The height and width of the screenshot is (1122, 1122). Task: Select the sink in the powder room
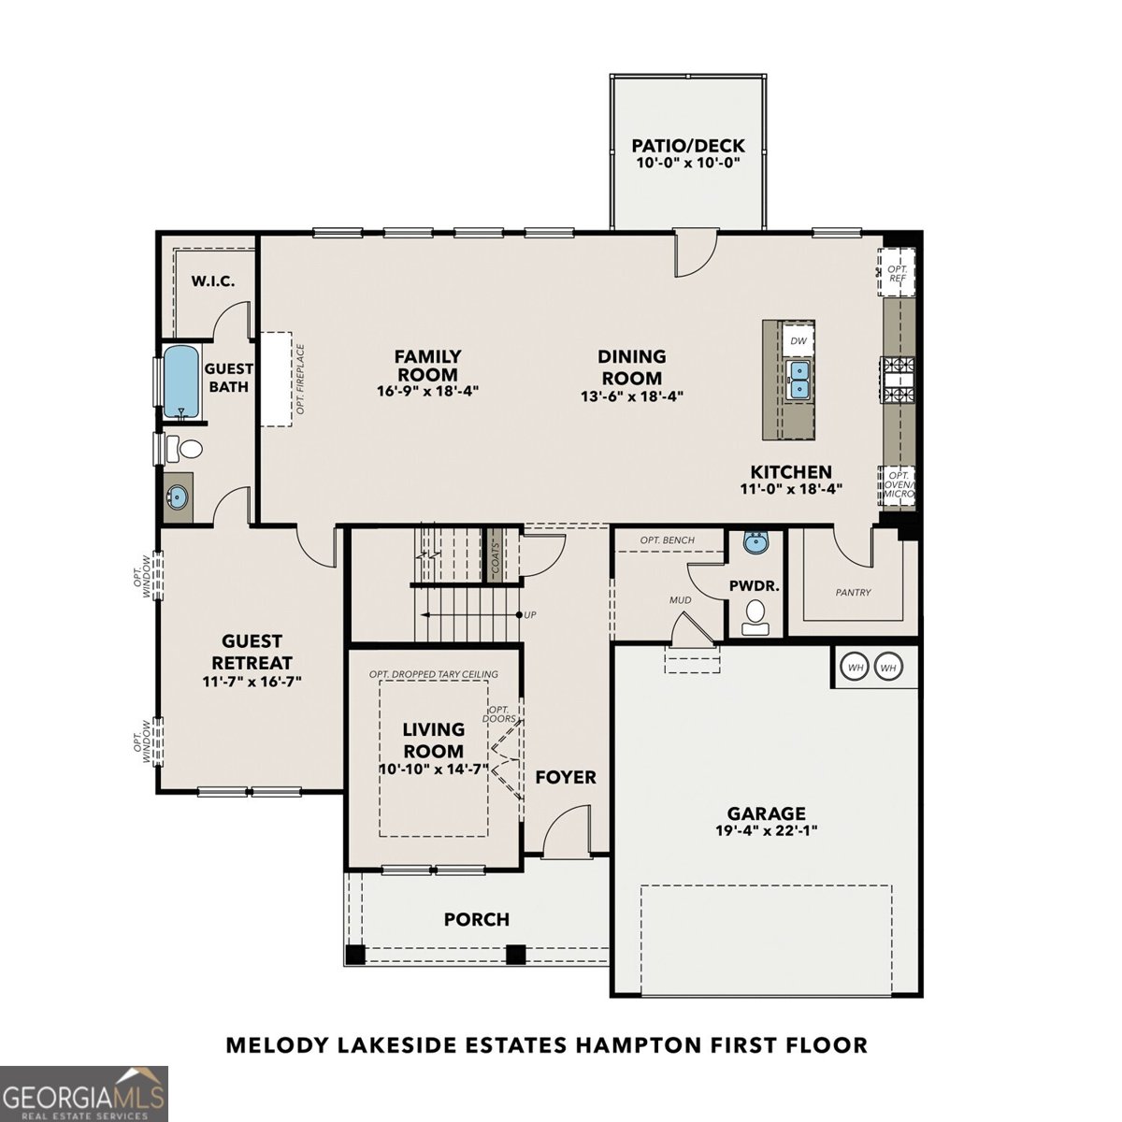coord(755,542)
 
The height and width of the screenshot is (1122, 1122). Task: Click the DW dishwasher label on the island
coord(798,341)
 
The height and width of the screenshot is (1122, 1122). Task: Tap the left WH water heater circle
coord(854,668)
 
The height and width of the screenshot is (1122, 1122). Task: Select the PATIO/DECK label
coord(687,146)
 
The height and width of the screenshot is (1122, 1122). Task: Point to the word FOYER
coord(566,777)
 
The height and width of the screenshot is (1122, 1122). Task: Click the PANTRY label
coord(853,593)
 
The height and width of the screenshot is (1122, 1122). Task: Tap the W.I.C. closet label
coord(212,281)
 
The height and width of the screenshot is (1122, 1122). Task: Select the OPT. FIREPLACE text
coord(301,380)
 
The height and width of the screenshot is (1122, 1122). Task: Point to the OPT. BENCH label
coord(667,541)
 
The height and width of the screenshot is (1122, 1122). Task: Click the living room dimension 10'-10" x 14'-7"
coord(434,769)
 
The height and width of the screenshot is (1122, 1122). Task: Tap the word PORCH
coord(477,919)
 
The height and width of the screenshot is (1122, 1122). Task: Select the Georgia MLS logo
coord(84,1093)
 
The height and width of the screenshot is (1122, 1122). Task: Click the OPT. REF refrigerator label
coord(898,274)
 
